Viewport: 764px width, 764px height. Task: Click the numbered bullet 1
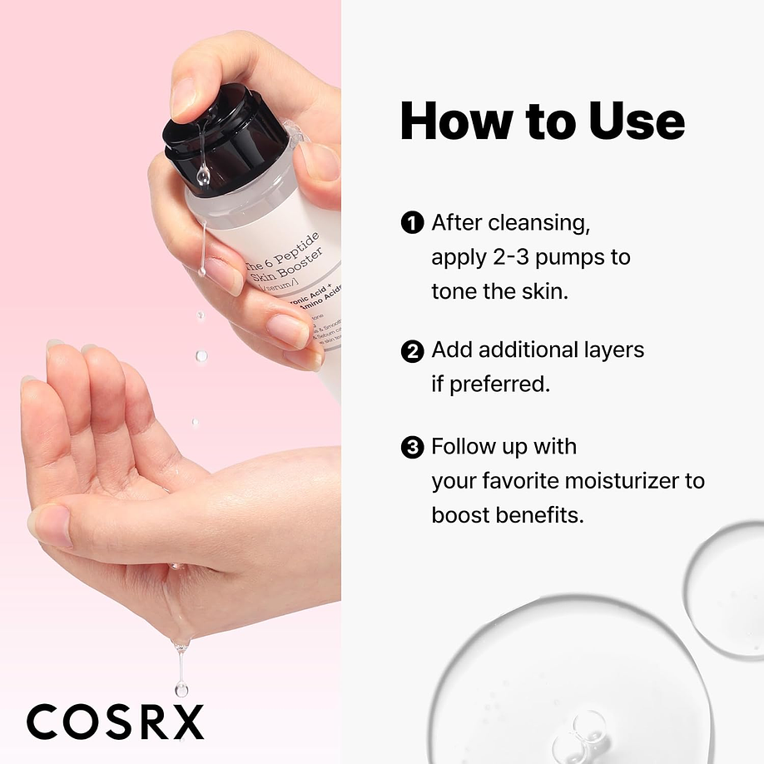coord(412,222)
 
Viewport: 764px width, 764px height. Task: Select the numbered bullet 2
coord(412,350)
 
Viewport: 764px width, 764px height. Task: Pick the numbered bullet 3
coord(412,447)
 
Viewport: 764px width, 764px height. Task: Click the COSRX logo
coord(115,721)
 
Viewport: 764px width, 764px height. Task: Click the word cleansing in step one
coord(542,223)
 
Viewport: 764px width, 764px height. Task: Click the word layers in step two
coord(609,350)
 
